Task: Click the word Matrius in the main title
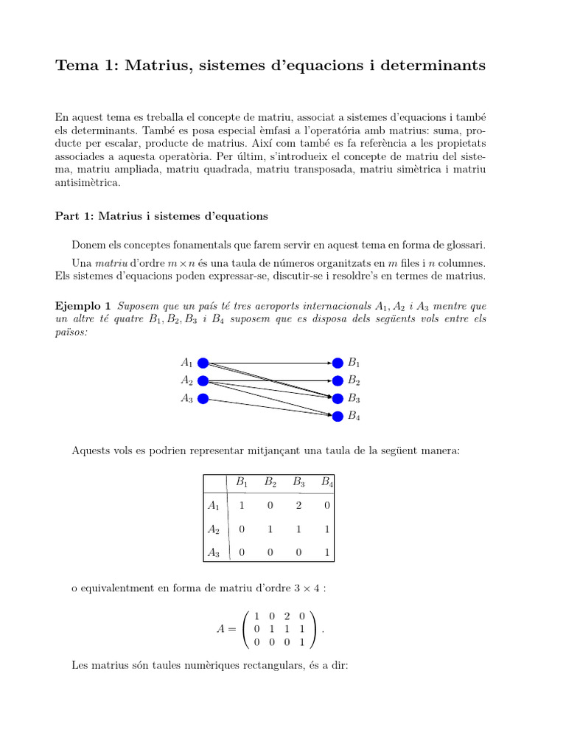(x=155, y=66)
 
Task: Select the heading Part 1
(x=161, y=216)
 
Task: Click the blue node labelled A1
(x=203, y=363)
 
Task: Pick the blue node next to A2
(x=203, y=380)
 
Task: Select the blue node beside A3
(x=203, y=398)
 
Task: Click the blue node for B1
(x=338, y=363)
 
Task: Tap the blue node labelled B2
(x=338, y=380)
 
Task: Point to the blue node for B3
(x=338, y=398)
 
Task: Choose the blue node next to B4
(x=338, y=416)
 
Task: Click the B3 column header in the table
(x=298, y=483)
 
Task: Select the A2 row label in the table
(x=214, y=529)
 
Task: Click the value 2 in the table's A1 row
(x=298, y=507)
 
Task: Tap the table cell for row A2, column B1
(x=242, y=529)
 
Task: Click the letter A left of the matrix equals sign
(x=220, y=629)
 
